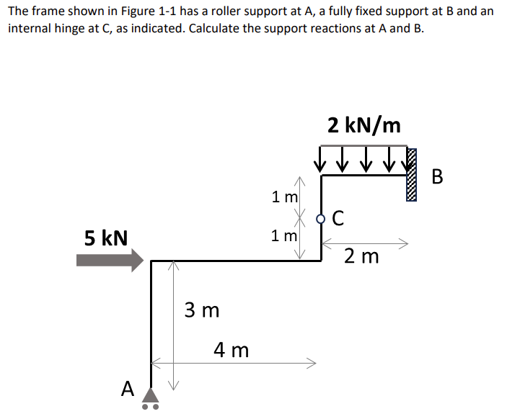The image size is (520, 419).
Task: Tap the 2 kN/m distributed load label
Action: tap(363, 125)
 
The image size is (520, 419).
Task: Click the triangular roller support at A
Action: tap(150, 395)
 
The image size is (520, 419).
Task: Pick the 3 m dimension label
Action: tap(202, 310)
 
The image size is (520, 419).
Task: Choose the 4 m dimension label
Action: tap(232, 351)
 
